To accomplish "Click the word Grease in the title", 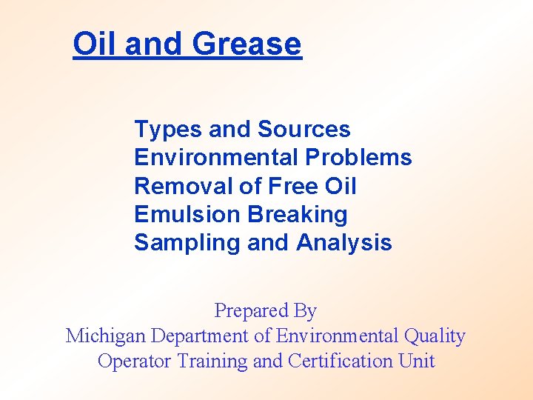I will click(x=247, y=44).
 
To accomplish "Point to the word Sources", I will click(x=304, y=130).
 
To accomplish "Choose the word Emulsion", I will click(x=187, y=214).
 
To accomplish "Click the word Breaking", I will click(x=298, y=214).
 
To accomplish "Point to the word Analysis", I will click(x=344, y=242).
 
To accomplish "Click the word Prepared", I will click(x=245, y=310).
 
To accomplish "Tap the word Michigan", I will click(x=106, y=336).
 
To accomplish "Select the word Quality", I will click(x=435, y=336).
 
